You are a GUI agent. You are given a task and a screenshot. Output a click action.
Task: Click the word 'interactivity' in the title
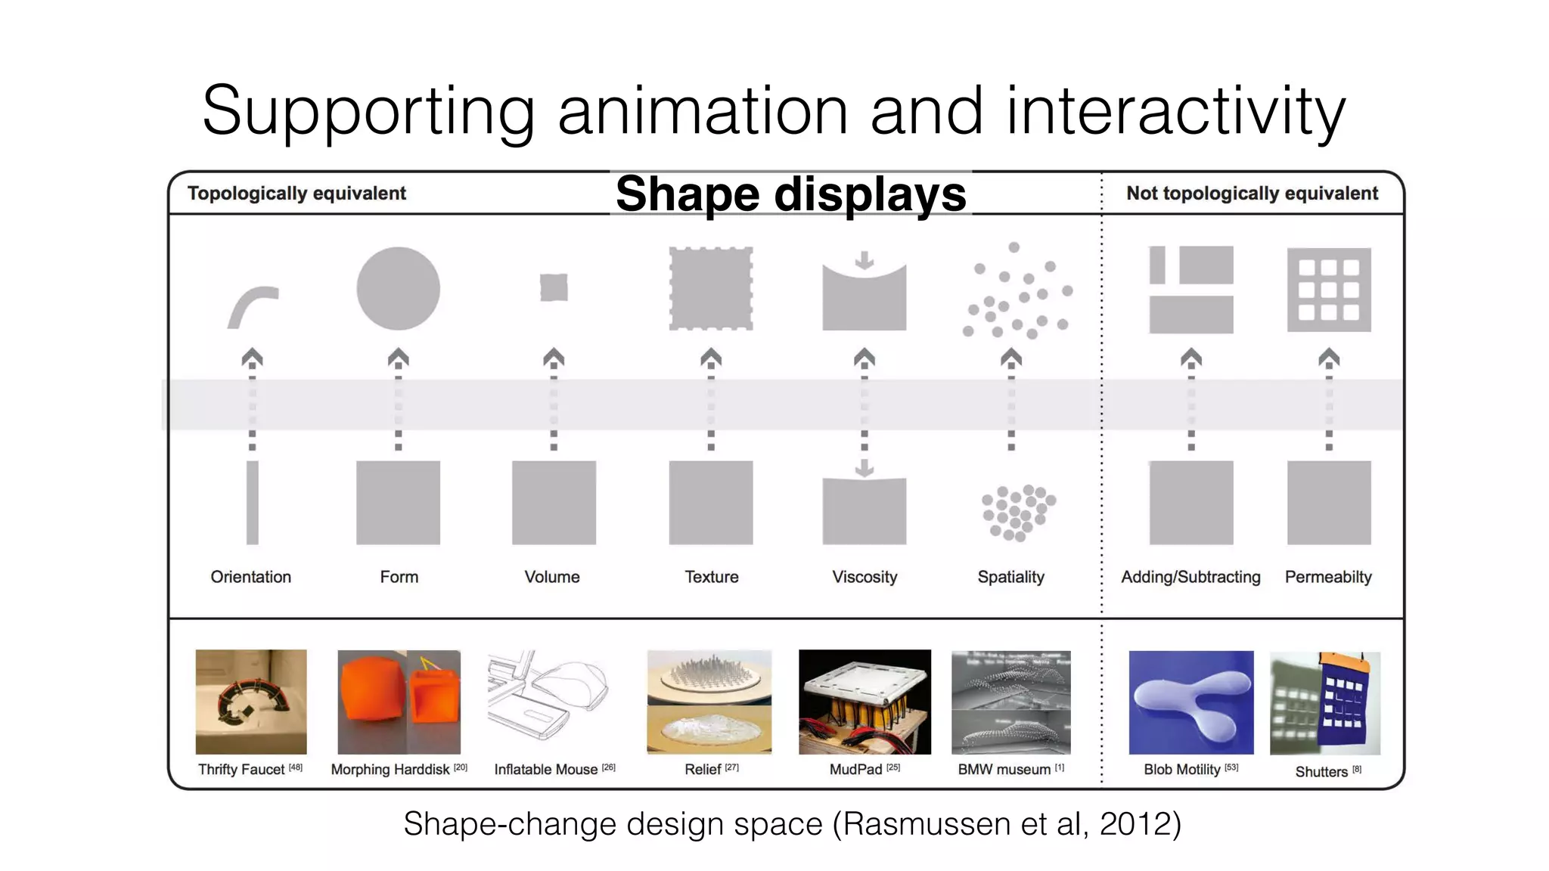coord(1175,112)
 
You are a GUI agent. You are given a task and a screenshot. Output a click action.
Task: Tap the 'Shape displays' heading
coord(790,194)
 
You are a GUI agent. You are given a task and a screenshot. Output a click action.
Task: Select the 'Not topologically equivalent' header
coord(1252,194)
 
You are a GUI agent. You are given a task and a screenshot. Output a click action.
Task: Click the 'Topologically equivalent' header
coord(296,194)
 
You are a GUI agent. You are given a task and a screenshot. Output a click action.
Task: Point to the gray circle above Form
coord(398,288)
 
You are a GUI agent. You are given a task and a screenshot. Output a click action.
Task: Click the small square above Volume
coord(554,288)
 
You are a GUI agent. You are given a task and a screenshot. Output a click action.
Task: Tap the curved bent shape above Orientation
coord(253,305)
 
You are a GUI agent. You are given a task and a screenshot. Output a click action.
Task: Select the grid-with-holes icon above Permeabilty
coord(1329,290)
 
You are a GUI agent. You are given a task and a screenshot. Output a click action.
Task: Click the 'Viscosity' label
coord(865,577)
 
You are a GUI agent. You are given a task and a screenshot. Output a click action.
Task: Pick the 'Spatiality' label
coord(1010,577)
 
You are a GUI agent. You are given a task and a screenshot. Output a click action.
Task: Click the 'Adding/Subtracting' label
coord(1190,577)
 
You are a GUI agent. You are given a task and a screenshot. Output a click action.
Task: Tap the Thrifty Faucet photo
coord(251,702)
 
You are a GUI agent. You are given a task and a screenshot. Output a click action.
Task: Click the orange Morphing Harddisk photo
coord(399,702)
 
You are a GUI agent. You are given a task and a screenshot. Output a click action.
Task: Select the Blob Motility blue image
coord(1190,702)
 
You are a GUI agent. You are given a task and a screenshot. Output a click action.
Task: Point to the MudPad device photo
coord(865,702)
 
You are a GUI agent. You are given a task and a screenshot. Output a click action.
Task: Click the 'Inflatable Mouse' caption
coord(545,770)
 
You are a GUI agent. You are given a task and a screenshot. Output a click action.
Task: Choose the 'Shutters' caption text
coord(1321,772)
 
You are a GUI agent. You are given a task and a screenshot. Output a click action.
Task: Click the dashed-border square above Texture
coord(711,288)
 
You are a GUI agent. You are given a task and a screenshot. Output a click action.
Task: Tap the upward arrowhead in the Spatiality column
coord(1011,357)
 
